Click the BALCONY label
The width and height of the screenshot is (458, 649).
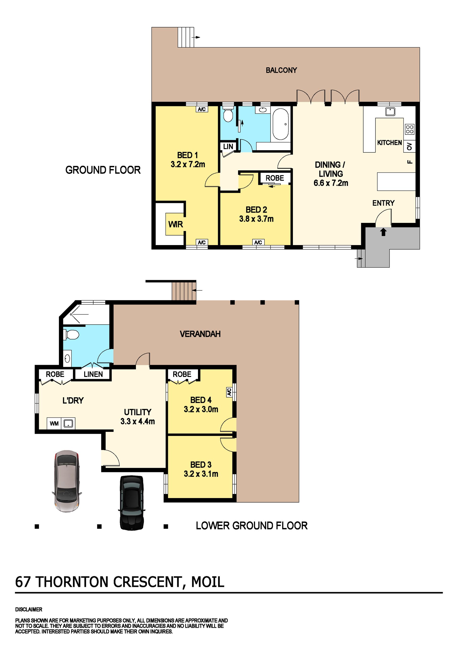(x=281, y=70)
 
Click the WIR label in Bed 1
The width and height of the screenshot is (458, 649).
(x=176, y=225)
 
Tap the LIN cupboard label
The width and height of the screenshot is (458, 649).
(x=228, y=146)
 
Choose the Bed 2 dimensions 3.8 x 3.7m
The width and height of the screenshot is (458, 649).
(x=256, y=219)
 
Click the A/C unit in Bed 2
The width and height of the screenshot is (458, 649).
(x=258, y=242)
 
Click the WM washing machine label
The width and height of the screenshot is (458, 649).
(x=54, y=424)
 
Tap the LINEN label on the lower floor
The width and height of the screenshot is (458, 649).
(x=93, y=374)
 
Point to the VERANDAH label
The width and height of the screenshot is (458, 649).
(x=200, y=334)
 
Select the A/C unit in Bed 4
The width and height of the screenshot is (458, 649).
(x=229, y=392)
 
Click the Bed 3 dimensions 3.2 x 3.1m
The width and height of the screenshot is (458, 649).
(x=201, y=474)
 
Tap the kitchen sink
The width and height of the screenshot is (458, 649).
(x=390, y=111)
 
